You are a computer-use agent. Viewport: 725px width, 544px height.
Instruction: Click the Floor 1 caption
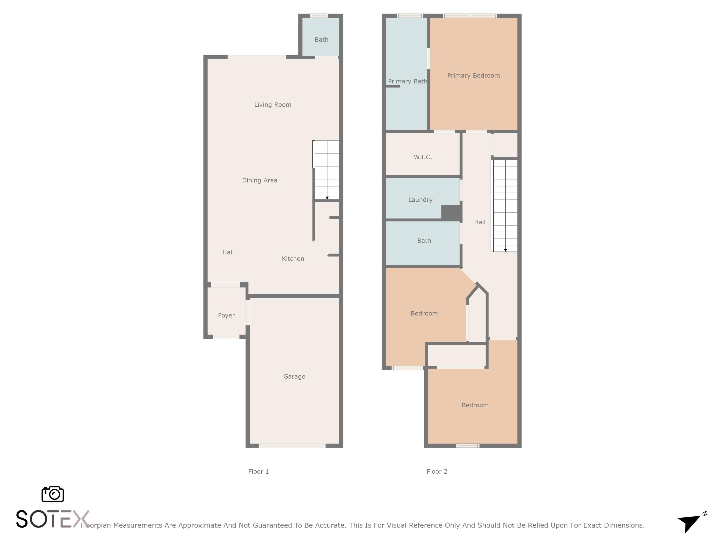click(x=258, y=471)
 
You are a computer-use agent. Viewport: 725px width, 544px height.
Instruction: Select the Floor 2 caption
click(x=437, y=471)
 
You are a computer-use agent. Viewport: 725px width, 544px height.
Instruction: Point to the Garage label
click(x=294, y=376)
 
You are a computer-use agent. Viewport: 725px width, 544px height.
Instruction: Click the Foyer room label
click(x=226, y=316)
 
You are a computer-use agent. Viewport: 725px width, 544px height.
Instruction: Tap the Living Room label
click(x=272, y=105)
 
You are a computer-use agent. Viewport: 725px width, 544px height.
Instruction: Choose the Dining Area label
click(x=259, y=180)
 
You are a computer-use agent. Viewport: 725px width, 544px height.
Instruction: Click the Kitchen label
click(x=293, y=259)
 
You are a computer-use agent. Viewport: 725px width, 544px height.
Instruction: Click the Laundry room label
click(x=420, y=200)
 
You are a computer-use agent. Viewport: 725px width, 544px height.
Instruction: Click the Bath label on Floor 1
click(x=321, y=40)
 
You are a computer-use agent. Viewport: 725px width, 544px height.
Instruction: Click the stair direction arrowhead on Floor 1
click(x=327, y=198)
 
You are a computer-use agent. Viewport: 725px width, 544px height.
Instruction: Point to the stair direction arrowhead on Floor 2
click(x=505, y=250)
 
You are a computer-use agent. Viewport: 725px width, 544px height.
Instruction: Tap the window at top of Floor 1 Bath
click(x=319, y=16)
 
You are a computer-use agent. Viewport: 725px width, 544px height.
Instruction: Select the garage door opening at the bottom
click(x=292, y=446)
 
